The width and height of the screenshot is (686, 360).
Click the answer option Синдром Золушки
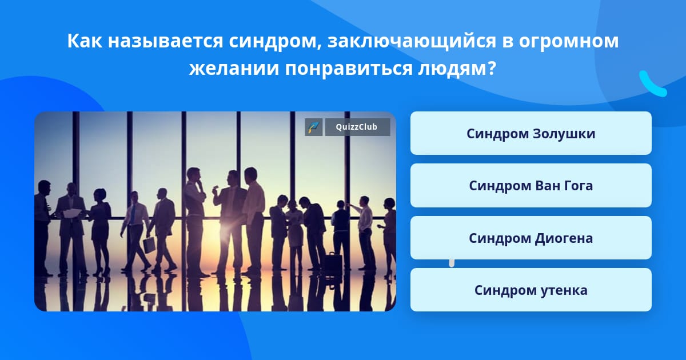[x=531, y=133]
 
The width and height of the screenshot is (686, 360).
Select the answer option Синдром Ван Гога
[x=531, y=186]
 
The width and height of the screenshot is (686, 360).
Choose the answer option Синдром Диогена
[x=531, y=238]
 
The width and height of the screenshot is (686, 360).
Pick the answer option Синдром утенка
[x=531, y=290]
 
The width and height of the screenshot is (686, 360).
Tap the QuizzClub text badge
[x=357, y=127]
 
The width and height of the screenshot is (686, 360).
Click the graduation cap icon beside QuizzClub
[x=314, y=127]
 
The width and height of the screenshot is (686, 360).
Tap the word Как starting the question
[x=85, y=41]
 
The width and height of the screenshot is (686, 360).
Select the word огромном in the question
[x=568, y=41]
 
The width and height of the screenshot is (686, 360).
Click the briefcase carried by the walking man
[x=149, y=245]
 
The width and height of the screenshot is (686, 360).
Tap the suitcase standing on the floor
[x=333, y=262]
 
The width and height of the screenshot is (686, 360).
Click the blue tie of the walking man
[x=133, y=214]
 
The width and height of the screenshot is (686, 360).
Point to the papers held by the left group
[x=72, y=213]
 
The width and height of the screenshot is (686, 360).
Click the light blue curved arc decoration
[x=652, y=84]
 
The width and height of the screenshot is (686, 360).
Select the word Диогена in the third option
[x=564, y=238]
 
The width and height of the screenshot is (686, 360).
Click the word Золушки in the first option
[x=564, y=134]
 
